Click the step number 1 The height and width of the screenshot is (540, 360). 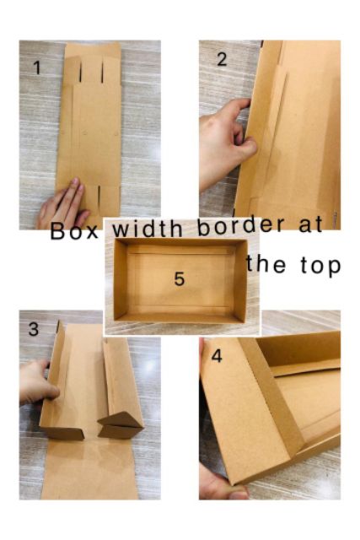(x=37, y=67)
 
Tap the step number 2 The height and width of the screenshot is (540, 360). (x=222, y=59)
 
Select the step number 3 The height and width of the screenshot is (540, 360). (x=34, y=329)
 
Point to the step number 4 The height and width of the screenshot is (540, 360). (x=217, y=356)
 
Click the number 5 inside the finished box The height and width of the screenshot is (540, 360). (x=180, y=278)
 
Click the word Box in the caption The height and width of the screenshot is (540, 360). (x=74, y=230)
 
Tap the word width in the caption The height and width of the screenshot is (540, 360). (x=148, y=229)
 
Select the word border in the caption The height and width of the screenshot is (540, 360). (x=241, y=225)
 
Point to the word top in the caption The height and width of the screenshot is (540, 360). (x=320, y=266)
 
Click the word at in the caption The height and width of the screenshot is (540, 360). (x=311, y=224)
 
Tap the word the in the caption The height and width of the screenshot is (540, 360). (x=266, y=264)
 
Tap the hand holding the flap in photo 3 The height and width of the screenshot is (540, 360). (x=38, y=381)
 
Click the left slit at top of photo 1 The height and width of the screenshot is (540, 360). (x=81, y=72)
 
